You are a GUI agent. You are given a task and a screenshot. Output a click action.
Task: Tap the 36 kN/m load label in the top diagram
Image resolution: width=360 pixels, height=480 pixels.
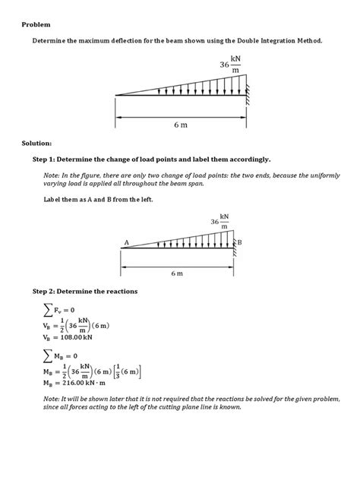click(230, 65)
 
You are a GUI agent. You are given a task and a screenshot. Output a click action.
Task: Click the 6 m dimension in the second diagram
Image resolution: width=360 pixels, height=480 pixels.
click(177, 272)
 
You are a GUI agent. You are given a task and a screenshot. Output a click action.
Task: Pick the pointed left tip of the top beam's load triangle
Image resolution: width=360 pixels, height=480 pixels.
click(116, 95)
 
